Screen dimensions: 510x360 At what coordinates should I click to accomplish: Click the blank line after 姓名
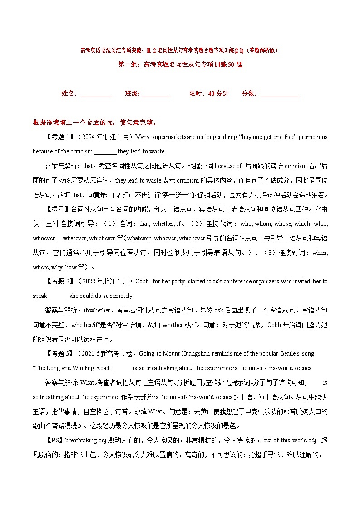96,94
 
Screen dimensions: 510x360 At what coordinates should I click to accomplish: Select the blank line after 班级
155,94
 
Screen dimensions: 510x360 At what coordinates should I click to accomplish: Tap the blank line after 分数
280,94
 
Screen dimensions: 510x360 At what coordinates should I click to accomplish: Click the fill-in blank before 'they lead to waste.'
105,151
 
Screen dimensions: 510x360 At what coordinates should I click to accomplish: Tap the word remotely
121,296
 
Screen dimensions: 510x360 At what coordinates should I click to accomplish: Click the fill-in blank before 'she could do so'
58,296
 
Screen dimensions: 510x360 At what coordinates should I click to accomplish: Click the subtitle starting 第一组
180,64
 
